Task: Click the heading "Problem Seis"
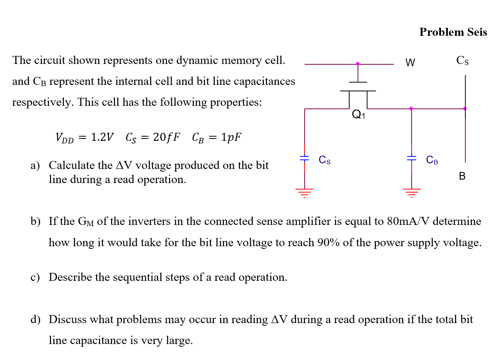(x=453, y=32)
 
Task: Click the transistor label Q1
(x=358, y=114)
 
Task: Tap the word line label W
(x=410, y=63)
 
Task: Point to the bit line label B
(x=462, y=176)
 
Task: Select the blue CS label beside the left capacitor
(x=324, y=160)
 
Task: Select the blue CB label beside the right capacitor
(x=432, y=160)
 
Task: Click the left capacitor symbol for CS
(x=304, y=158)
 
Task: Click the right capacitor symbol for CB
(x=411, y=158)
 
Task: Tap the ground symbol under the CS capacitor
(x=304, y=193)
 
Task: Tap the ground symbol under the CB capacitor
(x=411, y=193)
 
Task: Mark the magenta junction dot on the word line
(x=358, y=64)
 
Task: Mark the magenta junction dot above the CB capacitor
(x=411, y=109)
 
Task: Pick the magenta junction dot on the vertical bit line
(x=465, y=109)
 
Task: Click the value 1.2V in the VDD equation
(x=102, y=137)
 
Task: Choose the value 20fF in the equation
(x=166, y=137)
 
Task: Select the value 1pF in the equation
(x=231, y=137)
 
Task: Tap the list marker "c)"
(x=35, y=277)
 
